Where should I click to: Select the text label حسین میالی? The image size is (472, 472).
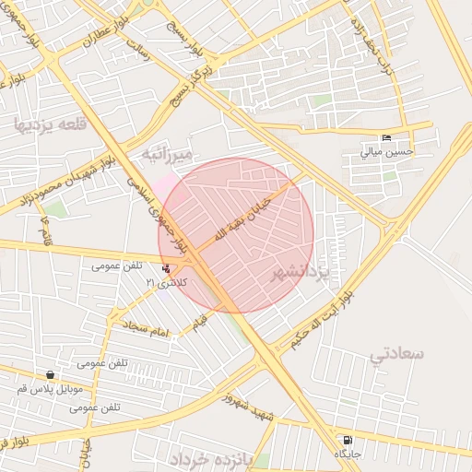pos(386,152)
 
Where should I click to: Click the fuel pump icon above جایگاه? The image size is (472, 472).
pos(347,441)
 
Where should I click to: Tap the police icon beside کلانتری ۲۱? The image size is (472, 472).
pos(165,269)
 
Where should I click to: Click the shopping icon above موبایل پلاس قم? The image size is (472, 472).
pos(49,375)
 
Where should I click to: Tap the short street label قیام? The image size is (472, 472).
pos(200,324)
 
